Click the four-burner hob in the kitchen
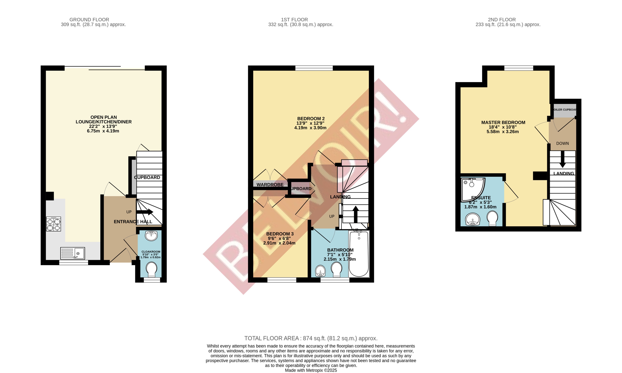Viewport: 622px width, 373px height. tap(53, 224)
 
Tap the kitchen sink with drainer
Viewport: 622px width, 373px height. tap(72, 253)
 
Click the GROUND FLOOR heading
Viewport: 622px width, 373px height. tap(89, 20)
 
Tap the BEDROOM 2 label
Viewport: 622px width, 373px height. tap(311, 119)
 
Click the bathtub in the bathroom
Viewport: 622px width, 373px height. tap(359, 254)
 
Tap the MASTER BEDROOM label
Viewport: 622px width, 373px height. tap(503, 123)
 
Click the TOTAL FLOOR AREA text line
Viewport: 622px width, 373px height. tap(311, 338)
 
